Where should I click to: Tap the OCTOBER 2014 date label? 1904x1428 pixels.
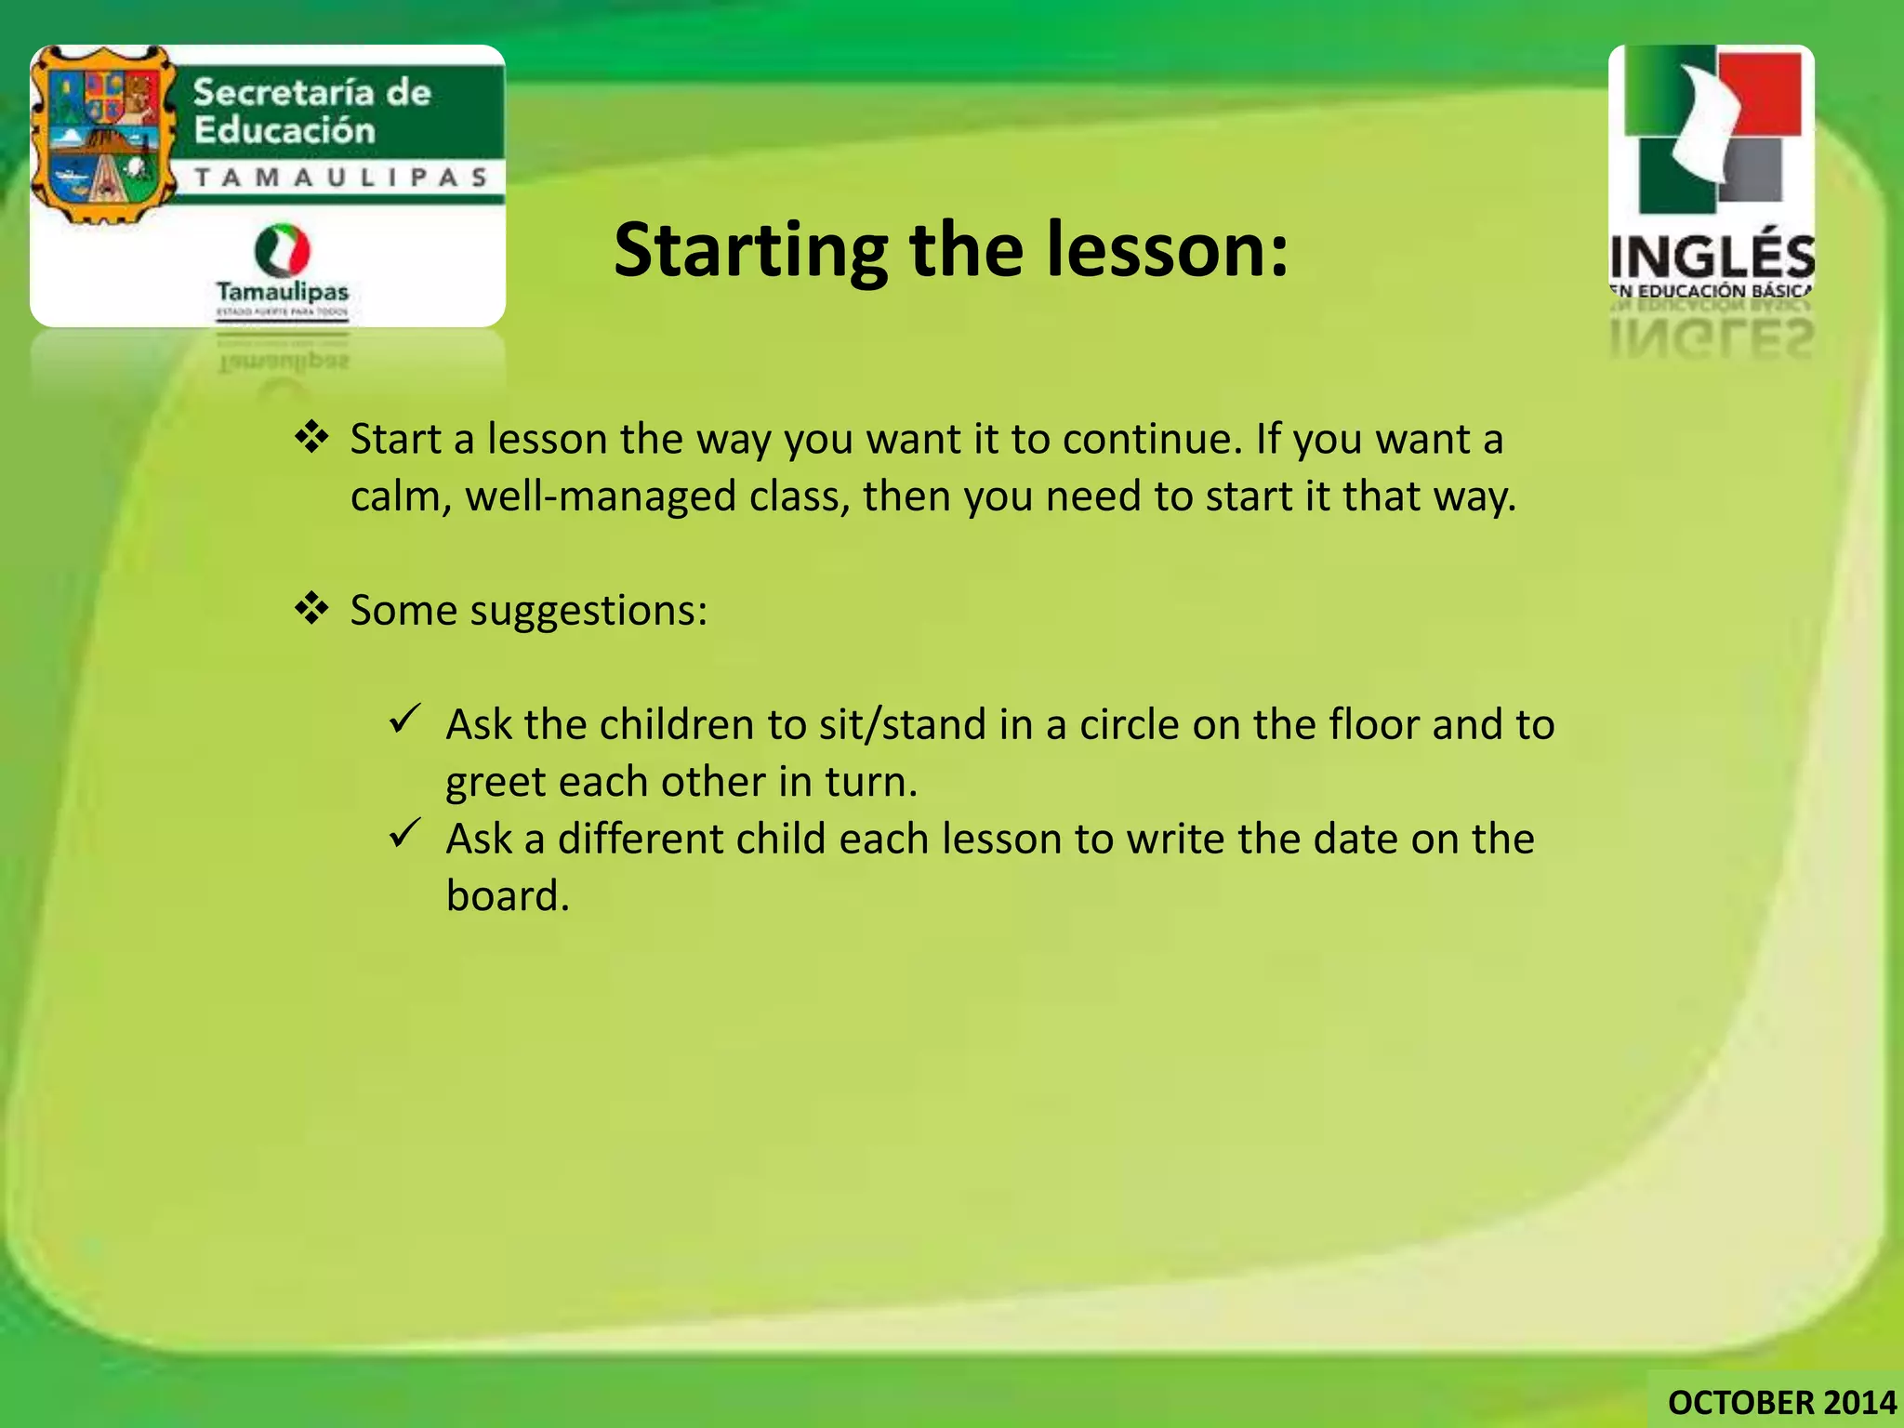coord(1781,1402)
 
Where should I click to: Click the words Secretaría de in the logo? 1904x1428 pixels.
coord(311,93)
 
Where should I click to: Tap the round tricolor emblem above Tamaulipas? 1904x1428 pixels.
coord(282,250)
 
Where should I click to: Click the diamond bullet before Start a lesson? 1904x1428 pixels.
coord(311,436)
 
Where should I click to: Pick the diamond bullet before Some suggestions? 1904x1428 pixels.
coord(311,608)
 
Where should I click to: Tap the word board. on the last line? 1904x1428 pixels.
coord(507,895)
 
